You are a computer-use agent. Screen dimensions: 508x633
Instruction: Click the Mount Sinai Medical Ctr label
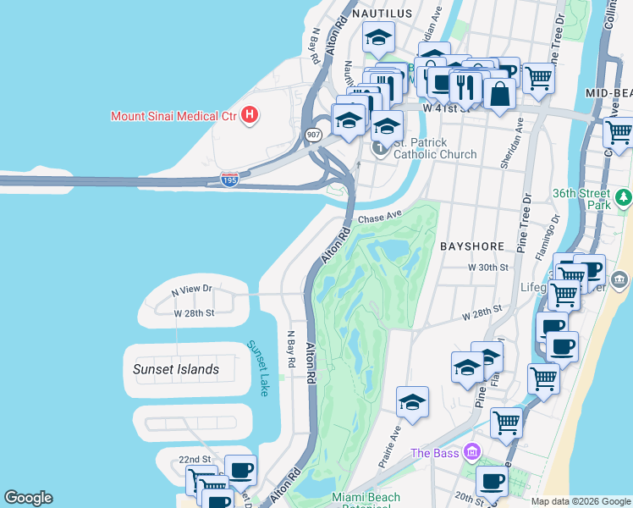pyautogui.click(x=173, y=115)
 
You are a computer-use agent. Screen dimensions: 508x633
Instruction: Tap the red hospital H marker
pyautogui.click(x=250, y=114)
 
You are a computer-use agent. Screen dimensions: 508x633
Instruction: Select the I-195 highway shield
pyautogui.click(x=228, y=179)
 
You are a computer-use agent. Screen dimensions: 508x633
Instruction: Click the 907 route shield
pyautogui.click(x=314, y=135)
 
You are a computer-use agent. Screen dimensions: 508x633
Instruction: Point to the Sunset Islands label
pyautogui.click(x=176, y=369)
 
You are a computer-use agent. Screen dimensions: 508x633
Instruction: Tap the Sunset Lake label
pyautogui.click(x=257, y=368)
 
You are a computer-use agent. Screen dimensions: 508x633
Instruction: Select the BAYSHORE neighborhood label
pyautogui.click(x=472, y=246)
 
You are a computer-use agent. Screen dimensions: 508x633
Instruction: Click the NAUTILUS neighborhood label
pyautogui.click(x=382, y=14)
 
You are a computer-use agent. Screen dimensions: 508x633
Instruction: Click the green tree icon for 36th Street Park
pyautogui.click(x=624, y=197)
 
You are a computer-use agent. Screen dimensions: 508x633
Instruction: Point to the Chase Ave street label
pyautogui.click(x=379, y=218)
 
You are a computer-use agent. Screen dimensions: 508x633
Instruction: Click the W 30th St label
pyautogui.click(x=487, y=268)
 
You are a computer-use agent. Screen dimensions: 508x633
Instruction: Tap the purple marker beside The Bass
pyautogui.click(x=471, y=453)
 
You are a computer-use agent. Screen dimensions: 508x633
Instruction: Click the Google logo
pyautogui.click(x=29, y=498)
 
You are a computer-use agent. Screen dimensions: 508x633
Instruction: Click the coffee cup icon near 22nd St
pyautogui.click(x=240, y=470)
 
